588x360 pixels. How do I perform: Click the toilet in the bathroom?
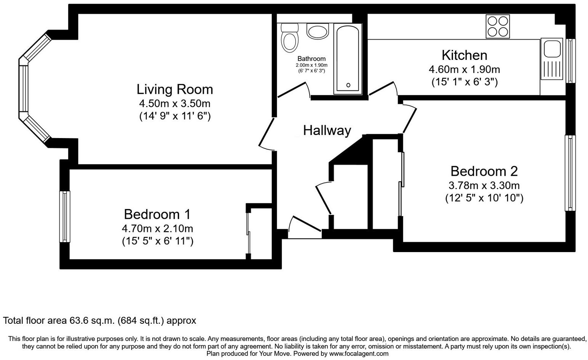tap(289, 39)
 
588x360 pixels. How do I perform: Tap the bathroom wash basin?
tap(318, 31)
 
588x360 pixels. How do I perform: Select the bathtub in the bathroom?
tap(347, 59)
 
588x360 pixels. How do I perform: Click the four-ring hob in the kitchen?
tap(497, 26)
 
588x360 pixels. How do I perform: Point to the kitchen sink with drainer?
tap(551, 59)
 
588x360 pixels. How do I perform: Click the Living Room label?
tap(175, 89)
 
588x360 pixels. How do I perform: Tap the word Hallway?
tap(327, 130)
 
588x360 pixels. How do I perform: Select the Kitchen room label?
tap(464, 55)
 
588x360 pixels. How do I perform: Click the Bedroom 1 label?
tap(157, 214)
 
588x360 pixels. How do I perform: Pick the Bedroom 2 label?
tap(484, 171)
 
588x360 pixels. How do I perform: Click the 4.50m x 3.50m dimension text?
tap(175, 103)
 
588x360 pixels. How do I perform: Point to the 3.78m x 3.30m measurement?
tap(484, 186)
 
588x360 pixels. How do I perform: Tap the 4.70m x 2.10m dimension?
tap(157, 229)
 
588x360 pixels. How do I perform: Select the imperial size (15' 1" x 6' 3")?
tap(464, 82)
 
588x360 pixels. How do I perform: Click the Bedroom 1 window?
tap(65, 216)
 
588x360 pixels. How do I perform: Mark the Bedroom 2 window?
tap(570, 173)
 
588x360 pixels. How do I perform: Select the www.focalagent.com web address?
tap(358, 354)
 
